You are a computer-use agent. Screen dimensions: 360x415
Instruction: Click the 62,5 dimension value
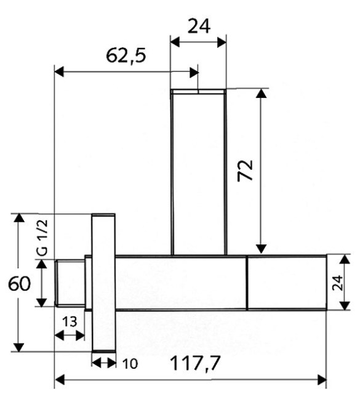pos(126,55)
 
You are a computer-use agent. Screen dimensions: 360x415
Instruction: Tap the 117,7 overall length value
pos(196,363)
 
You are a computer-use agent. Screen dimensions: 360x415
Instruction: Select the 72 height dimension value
pos(245,171)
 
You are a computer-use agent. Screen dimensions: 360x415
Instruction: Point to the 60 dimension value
pos(19,283)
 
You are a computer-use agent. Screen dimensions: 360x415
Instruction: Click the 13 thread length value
pos(70,321)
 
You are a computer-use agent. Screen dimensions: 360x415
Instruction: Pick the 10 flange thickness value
pos(130,364)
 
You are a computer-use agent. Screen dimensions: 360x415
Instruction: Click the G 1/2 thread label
pos(42,238)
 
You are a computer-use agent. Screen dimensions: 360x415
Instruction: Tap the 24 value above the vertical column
pos(199,26)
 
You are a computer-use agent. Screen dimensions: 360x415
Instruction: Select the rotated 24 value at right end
pos(337,283)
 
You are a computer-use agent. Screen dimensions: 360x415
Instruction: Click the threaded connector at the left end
pos(70,283)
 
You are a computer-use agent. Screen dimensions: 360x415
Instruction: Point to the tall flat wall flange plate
pos(103,283)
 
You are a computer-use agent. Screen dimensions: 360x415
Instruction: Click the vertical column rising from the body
pos(199,172)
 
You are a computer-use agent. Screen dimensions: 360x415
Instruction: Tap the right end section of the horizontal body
pos(287,283)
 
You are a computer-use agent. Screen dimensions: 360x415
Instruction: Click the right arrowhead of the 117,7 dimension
pos(322,380)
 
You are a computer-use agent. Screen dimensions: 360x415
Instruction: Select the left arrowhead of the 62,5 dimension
pos(59,72)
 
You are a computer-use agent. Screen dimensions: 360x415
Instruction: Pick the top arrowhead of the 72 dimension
pos(262,94)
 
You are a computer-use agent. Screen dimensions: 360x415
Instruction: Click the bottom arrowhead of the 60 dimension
pos(19,347)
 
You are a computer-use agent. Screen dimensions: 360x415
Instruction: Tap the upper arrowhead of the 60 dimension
pos(19,218)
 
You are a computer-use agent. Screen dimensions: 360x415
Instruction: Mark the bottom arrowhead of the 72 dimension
pos(262,249)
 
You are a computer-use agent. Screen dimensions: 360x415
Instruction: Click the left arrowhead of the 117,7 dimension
pos(60,380)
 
